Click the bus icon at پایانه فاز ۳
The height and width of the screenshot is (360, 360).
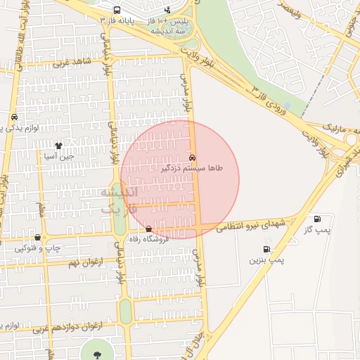(116, 11)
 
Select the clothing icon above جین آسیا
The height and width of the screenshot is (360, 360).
(58, 146)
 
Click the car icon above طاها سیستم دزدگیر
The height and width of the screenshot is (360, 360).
(193, 157)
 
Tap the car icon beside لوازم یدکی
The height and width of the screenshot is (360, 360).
(14, 117)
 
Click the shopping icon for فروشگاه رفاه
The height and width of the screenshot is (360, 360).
(148, 229)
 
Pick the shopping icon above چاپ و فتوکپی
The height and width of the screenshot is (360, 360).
(37, 238)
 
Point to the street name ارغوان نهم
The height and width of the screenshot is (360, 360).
(82, 262)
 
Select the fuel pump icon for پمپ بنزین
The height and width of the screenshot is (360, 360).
(266, 249)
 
